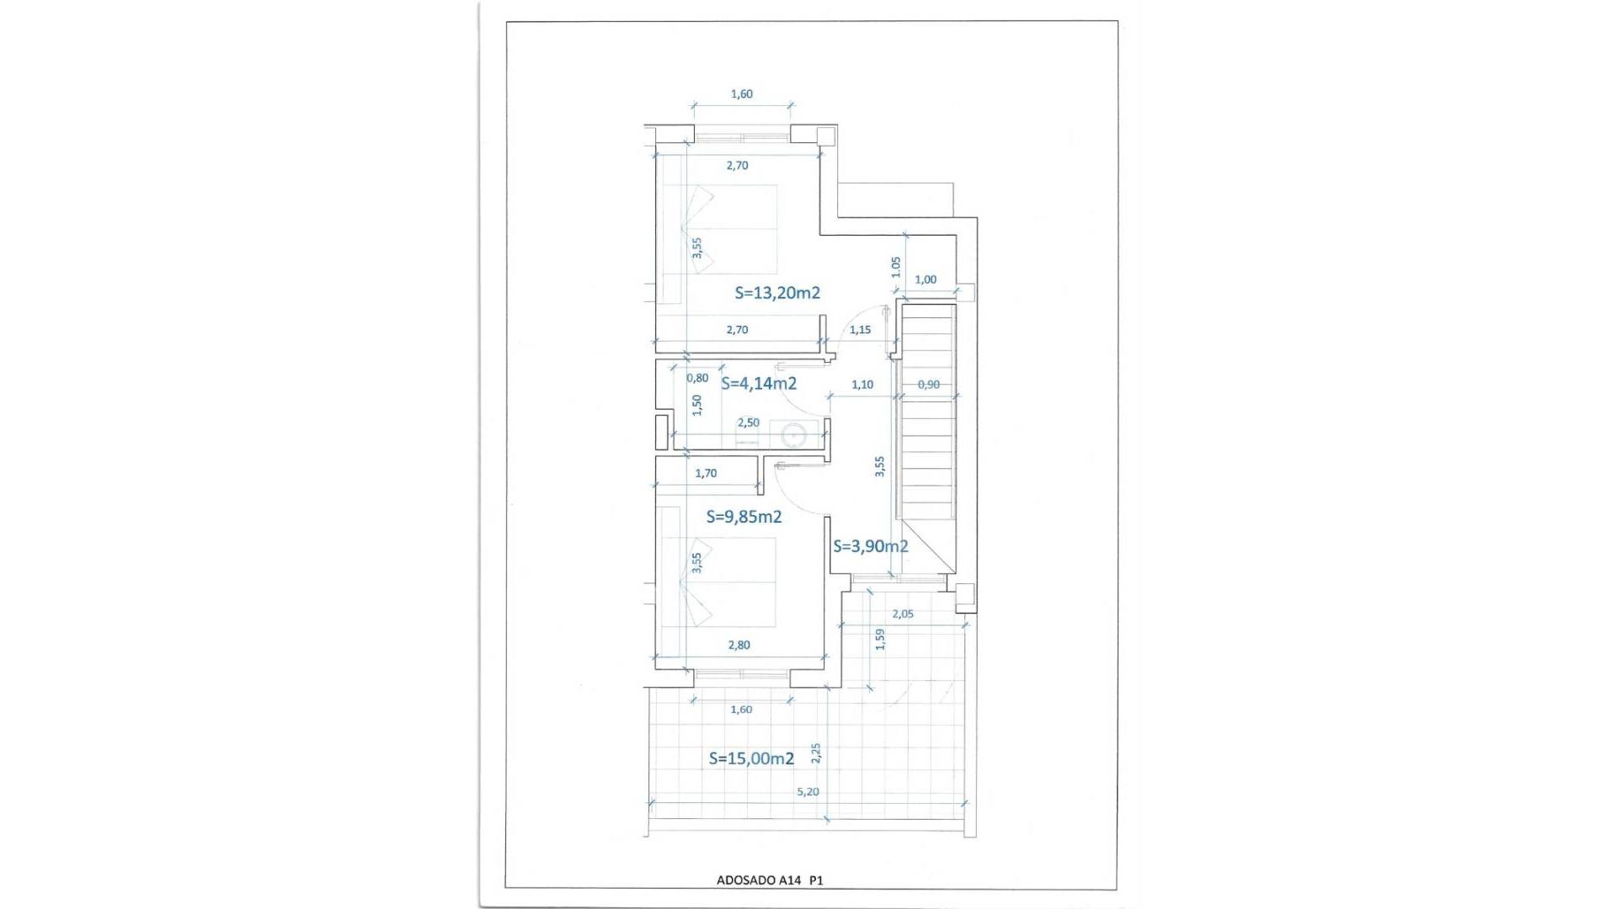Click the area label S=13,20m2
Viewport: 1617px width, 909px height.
(x=777, y=293)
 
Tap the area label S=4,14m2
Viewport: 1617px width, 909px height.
(x=759, y=384)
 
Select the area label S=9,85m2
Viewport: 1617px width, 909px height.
(x=744, y=517)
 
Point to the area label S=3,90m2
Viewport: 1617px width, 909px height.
(x=871, y=546)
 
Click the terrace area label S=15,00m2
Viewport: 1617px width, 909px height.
(x=751, y=758)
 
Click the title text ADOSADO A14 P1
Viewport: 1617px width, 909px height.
(x=769, y=880)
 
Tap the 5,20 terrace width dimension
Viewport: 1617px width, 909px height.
(x=808, y=792)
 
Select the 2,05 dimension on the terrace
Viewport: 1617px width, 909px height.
(x=902, y=614)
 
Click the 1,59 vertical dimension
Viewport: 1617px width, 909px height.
(x=880, y=640)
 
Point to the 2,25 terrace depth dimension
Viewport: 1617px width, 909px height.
(x=815, y=753)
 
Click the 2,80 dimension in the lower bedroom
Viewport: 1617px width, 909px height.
(x=738, y=646)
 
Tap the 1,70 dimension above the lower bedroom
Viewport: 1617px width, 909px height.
(x=706, y=474)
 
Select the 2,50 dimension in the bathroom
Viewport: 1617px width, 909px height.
(x=748, y=423)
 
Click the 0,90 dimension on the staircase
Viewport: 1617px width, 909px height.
(x=928, y=385)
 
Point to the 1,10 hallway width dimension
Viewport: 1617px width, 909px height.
(x=862, y=385)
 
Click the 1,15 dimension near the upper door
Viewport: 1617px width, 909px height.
(x=860, y=330)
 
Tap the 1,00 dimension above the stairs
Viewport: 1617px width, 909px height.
(x=925, y=280)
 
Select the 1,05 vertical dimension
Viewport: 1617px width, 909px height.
(x=896, y=267)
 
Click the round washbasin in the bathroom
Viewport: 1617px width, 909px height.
(x=793, y=435)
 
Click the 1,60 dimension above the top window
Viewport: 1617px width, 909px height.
(x=741, y=94)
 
